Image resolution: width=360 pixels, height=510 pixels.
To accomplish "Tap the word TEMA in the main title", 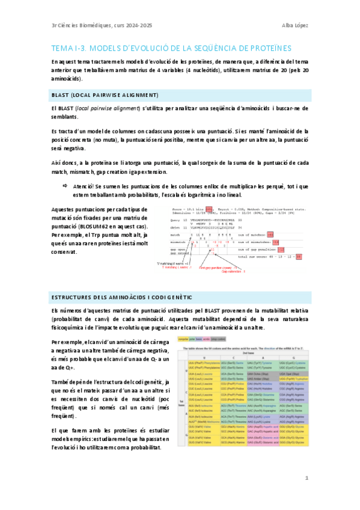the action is (x=63, y=48).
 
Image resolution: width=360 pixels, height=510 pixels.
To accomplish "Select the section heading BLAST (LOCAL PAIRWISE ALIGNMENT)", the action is (x=105, y=96).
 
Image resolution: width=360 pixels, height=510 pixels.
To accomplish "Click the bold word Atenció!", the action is (x=84, y=186).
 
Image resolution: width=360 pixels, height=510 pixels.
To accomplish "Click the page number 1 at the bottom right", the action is (x=307, y=479).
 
